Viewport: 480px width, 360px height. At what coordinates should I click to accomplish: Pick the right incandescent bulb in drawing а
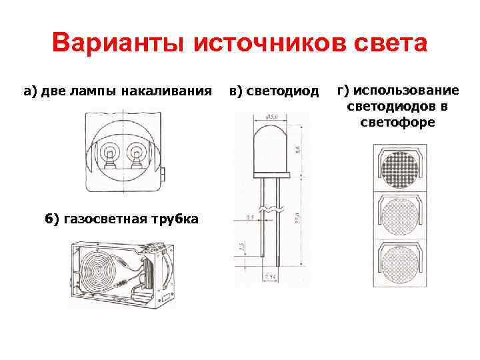pos(137,155)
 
